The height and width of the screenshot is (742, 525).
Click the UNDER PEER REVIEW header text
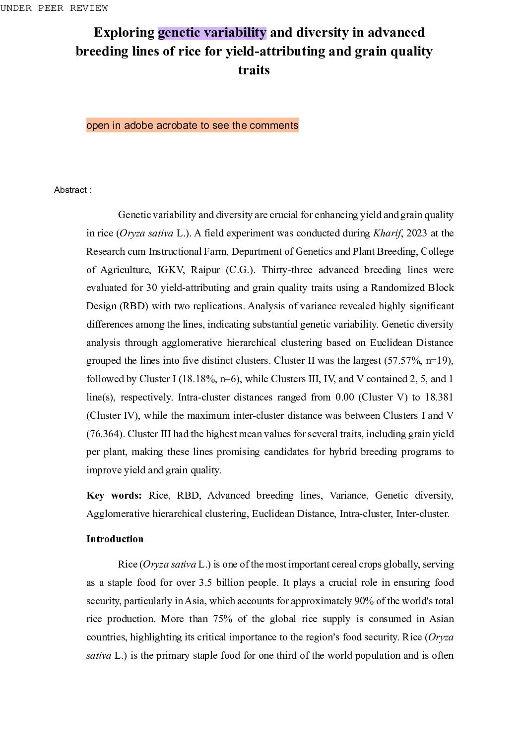click(x=54, y=8)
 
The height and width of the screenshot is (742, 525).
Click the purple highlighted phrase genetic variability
click(x=212, y=33)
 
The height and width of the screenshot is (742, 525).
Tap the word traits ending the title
click(x=254, y=70)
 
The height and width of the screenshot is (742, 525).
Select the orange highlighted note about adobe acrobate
click(x=192, y=125)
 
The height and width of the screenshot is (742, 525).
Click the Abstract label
click(x=72, y=190)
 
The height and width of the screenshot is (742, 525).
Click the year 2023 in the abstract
click(x=416, y=233)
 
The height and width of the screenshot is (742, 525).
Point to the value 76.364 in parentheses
click(x=105, y=434)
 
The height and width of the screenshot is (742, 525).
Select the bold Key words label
click(x=114, y=495)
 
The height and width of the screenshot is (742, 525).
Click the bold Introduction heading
click(x=115, y=539)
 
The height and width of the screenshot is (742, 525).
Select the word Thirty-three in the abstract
click(x=286, y=270)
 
